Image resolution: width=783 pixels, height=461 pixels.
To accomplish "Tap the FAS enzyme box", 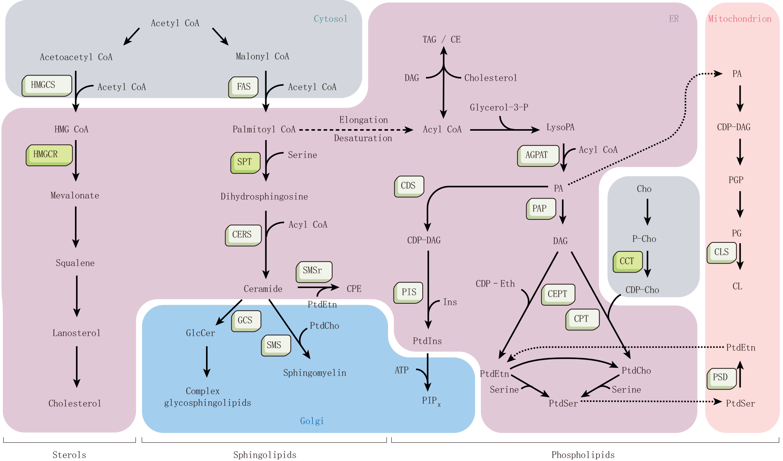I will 243,87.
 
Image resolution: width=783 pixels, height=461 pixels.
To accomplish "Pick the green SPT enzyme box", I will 245,162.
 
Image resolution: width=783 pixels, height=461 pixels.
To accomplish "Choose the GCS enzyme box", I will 246,320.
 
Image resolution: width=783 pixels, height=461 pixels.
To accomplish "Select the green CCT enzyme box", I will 627,261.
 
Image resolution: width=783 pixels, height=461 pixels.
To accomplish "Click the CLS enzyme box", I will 722,252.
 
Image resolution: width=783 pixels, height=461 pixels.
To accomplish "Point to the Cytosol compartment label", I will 330,19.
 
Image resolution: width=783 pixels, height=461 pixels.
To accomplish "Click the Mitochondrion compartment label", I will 740,19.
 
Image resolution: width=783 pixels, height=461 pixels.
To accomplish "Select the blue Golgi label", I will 312,421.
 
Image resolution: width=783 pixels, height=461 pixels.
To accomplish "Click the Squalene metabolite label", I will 75,263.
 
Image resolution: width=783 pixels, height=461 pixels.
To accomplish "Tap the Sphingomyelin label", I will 315,373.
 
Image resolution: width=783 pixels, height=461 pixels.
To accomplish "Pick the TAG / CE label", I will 441,39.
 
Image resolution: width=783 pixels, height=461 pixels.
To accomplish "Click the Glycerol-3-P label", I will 499,107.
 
